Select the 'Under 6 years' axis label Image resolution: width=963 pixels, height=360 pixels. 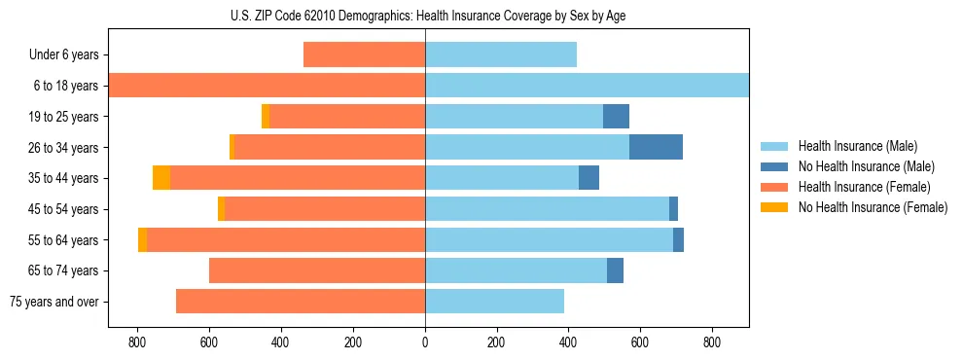tap(63, 55)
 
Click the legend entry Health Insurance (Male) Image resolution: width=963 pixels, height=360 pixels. tap(857, 146)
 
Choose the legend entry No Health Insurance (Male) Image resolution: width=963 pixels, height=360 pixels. tap(866, 166)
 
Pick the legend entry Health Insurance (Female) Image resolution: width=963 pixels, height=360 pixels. tap(864, 187)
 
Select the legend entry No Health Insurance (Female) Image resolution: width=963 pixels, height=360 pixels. tap(873, 207)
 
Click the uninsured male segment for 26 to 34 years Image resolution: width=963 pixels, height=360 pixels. tap(656, 147)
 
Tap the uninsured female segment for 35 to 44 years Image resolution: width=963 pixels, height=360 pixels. tap(161, 178)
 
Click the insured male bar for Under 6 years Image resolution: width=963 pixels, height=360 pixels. tap(501, 54)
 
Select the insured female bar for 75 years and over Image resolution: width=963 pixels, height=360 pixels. tap(301, 302)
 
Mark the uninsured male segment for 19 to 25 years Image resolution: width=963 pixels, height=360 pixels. tap(616, 117)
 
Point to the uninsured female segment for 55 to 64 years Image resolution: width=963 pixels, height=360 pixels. tap(143, 239)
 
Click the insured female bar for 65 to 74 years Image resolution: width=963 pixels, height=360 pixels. tap(317, 270)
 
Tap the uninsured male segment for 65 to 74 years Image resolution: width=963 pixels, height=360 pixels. tap(615, 270)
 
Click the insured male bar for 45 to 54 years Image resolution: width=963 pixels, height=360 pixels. tap(547, 209)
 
